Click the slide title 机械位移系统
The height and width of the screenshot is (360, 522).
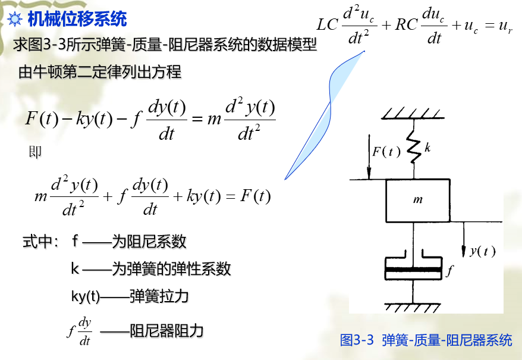coord(77,19)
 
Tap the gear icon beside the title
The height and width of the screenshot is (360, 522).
coord(15,20)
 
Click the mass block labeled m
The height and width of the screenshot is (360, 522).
coord(418,200)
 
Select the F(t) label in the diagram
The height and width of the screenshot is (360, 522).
coord(386,151)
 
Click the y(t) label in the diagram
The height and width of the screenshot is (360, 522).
coord(482,251)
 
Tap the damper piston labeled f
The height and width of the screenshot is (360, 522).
coord(414,269)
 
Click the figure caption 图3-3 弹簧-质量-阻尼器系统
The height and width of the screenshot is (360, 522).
coord(426,340)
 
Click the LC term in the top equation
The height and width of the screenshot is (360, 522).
coord(328,24)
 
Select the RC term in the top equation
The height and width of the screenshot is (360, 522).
coord(407,24)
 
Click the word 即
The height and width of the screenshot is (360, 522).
coord(35,152)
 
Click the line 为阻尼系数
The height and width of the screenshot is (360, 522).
coord(149,241)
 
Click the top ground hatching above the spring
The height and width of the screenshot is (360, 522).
coord(413,112)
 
